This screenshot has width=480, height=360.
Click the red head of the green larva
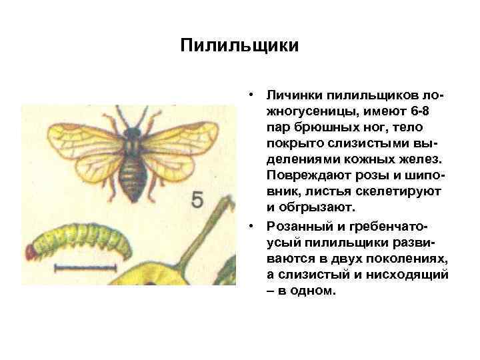click(31, 251)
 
